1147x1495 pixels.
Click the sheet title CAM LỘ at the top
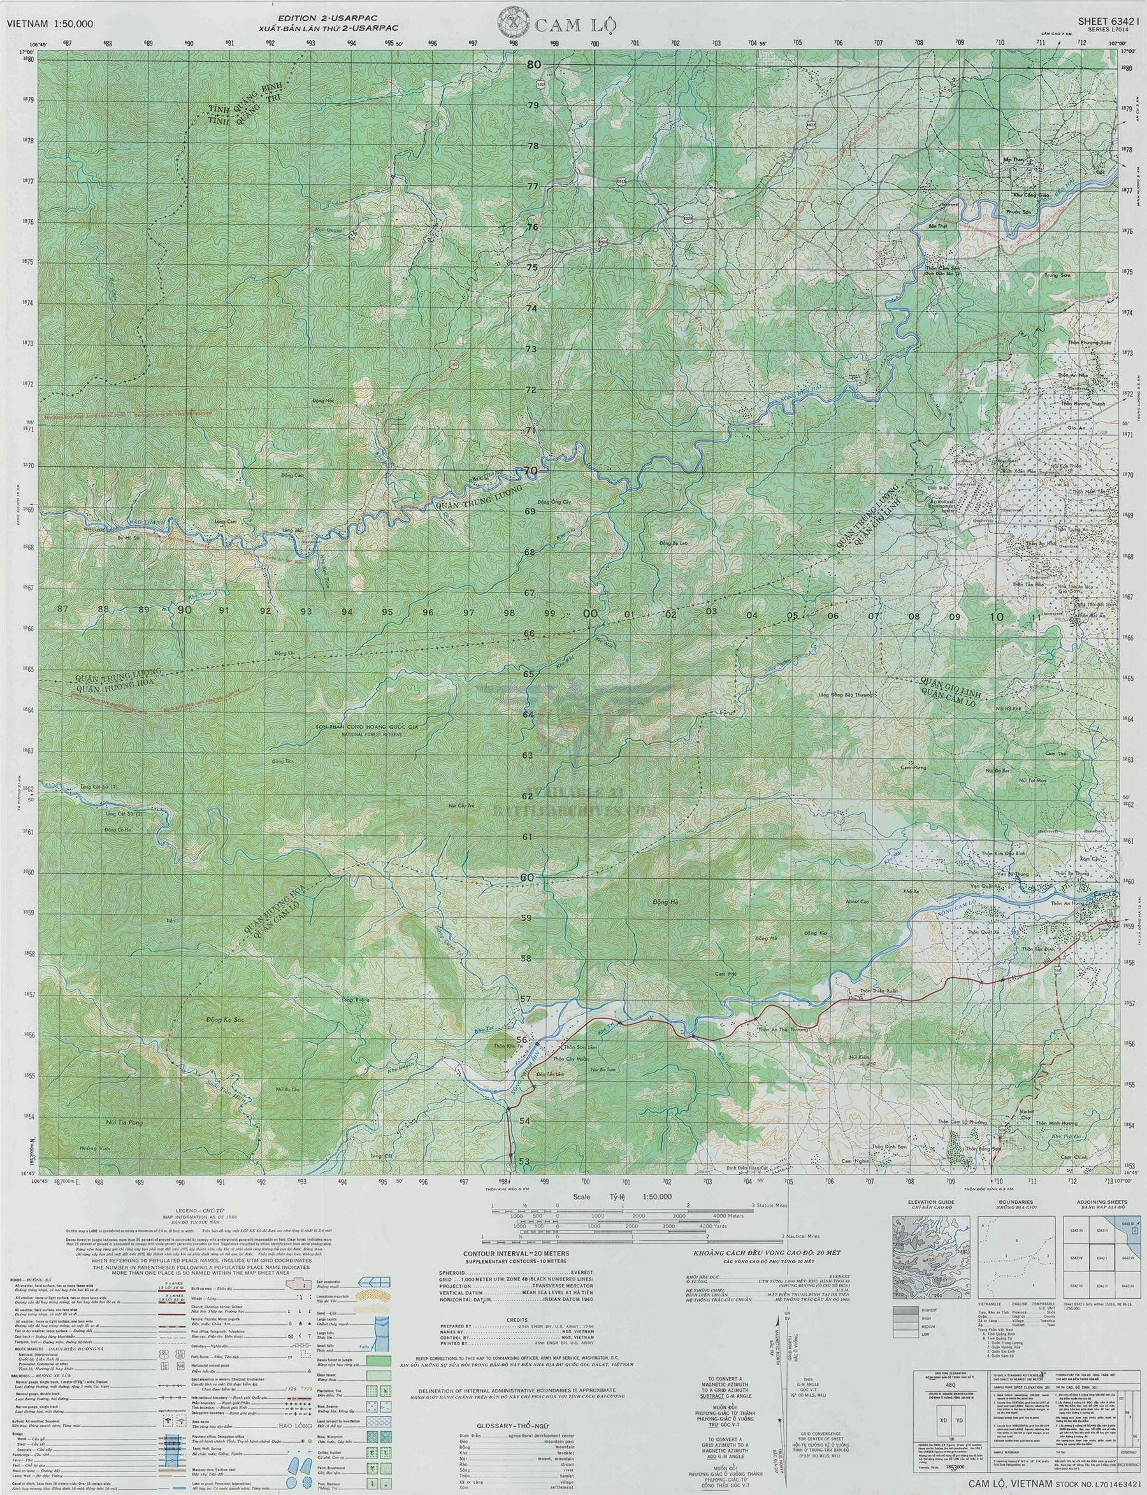[x=577, y=27]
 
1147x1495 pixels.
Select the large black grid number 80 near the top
[x=533, y=64]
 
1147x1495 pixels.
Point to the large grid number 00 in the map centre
[x=591, y=613]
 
